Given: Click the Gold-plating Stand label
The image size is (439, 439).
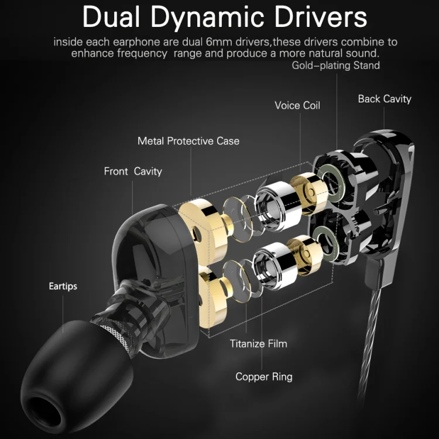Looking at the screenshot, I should tap(336, 65).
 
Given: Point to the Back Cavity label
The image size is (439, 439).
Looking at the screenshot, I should tap(385, 99).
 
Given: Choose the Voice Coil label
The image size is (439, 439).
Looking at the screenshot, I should tap(297, 105).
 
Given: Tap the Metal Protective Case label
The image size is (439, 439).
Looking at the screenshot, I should tap(188, 141).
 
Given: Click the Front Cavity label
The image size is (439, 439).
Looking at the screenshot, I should tap(133, 172).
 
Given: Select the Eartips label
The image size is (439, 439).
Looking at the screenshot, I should tap(63, 286).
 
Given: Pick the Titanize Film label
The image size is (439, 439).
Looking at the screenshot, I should tap(259, 344).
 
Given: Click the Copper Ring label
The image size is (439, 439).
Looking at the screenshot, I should tap(264, 376).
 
